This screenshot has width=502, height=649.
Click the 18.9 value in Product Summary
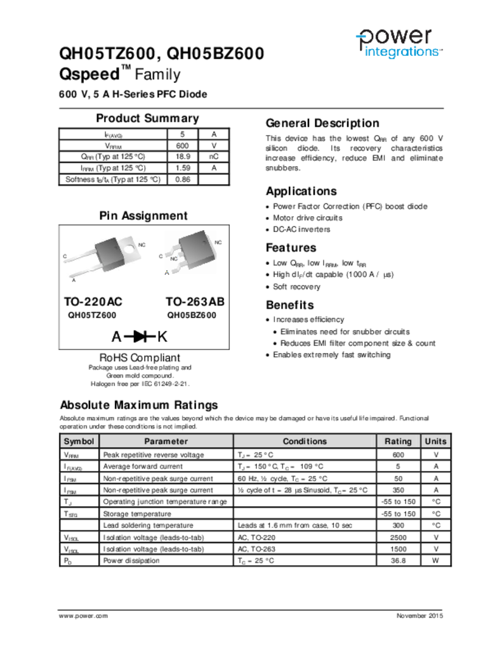tap(182, 157)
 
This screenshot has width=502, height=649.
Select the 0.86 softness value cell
tap(182, 179)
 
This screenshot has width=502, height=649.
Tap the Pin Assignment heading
tap(143, 216)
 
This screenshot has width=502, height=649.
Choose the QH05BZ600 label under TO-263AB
tap(192, 314)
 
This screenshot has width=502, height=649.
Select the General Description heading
tap(322, 124)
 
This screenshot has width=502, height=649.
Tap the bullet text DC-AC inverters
tap(301, 229)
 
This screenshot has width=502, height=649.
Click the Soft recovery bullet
tap(296, 286)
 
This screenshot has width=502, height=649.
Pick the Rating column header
tap(398, 441)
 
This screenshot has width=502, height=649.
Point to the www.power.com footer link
tap(83, 616)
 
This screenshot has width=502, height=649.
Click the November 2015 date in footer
tap(419, 616)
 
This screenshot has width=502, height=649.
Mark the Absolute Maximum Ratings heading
tap(138, 405)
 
